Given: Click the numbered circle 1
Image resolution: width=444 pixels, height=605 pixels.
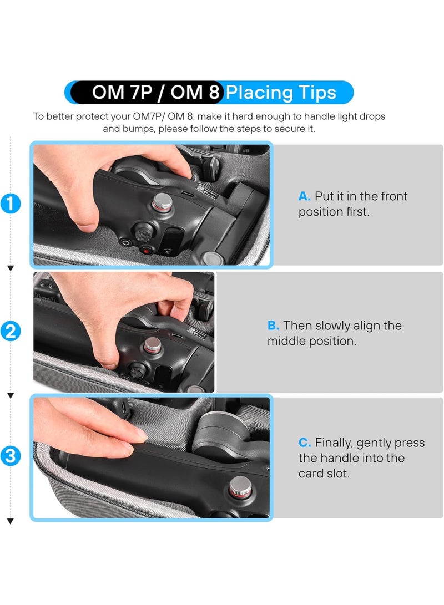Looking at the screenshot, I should tap(11, 204).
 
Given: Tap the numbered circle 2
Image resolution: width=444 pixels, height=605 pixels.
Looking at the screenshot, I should tap(11, 332).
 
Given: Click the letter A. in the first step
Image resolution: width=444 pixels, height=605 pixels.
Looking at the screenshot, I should tap(305, 196).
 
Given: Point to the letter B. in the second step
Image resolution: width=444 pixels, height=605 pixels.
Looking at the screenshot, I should tap(274, 326).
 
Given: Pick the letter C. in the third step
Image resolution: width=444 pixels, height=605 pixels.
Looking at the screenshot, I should tap(305, 443).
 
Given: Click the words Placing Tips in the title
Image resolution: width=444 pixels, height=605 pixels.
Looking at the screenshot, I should tap(281, 92).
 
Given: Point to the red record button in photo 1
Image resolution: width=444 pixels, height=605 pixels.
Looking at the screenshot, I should tap(146, 249).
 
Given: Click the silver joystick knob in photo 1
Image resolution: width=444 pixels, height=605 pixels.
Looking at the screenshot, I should tap(162, 202).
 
